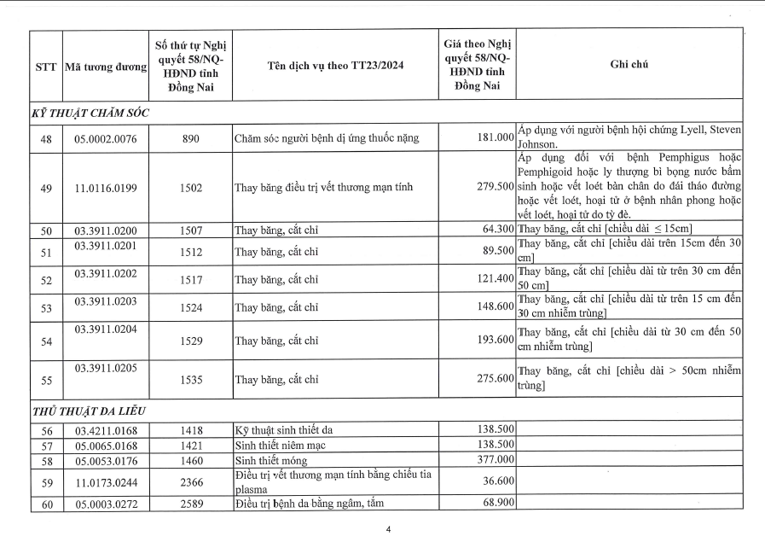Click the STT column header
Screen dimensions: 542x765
point(46,67)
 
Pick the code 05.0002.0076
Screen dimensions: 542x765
point(106,138)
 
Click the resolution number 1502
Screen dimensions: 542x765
point(192,187)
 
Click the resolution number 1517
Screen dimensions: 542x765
point(192,279)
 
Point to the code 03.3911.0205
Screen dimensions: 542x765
point(106,369)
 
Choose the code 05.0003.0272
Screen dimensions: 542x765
point(106,504)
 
